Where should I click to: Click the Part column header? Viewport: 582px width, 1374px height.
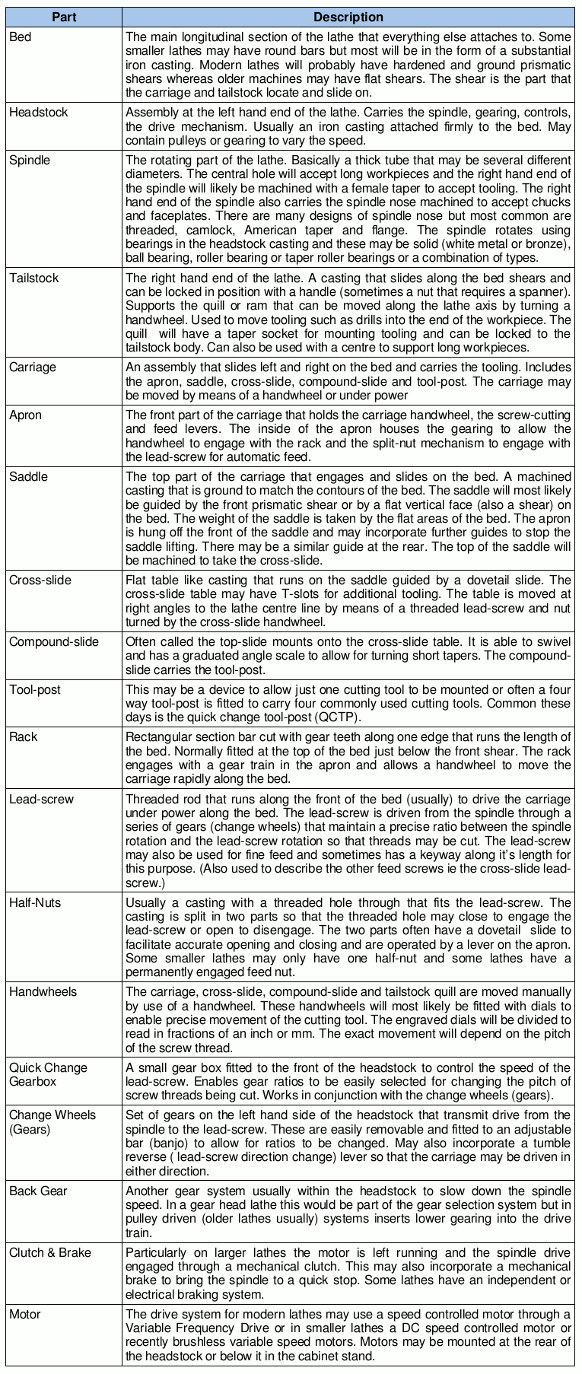click(64, 17)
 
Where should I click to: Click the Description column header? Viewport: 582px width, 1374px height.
click(348, 17)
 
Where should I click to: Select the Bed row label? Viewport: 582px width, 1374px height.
click(21, 37)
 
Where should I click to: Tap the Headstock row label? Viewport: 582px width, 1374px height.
click(38, 113)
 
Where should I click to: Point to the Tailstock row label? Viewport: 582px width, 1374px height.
click(33, 278)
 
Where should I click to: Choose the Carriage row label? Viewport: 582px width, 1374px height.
click(33, 367)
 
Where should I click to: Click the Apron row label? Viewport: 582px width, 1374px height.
click(25, 415)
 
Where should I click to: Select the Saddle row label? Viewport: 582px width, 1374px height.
click(28, 477)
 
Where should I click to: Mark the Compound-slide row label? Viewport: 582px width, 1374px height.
click(54, 642)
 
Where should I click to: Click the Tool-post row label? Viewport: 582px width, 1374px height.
click(34, 690)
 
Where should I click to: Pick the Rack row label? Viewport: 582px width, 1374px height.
click(23, 737)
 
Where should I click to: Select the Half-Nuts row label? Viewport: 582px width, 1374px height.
click(35, 903)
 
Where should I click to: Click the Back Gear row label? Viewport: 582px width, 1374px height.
click(38, 1191)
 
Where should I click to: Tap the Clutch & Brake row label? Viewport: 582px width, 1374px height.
click(50, 1253)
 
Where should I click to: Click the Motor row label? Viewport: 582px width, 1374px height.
click(25, 1315)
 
